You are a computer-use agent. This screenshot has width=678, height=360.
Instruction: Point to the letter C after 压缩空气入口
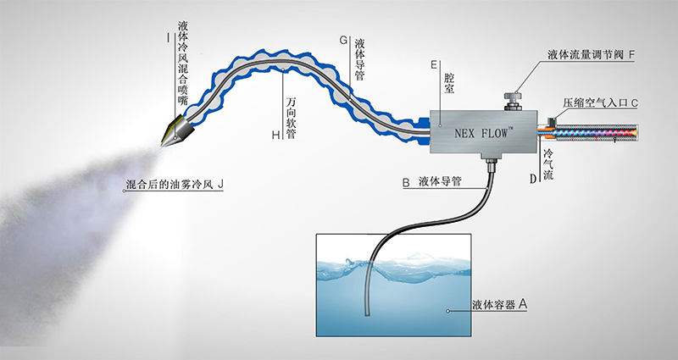[634, 102]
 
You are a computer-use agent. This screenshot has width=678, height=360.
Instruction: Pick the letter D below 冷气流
[533, 178]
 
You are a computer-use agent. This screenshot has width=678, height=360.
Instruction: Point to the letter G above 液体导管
[343, 41]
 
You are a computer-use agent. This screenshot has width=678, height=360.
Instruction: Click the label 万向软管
[292, 114]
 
